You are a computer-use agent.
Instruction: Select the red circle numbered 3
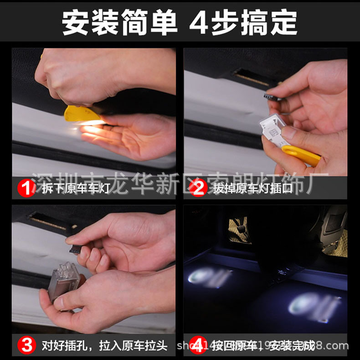point(26,345)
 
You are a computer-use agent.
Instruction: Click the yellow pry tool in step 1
point(82,115)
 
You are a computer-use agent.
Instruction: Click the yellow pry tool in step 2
point(301,155)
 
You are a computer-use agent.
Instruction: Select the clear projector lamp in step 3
point(66,280)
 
